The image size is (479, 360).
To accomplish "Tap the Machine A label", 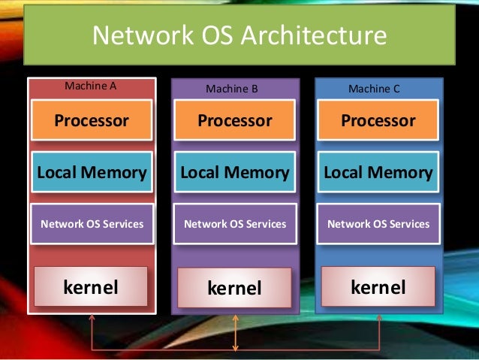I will tap(91, 86).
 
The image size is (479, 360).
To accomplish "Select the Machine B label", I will tap(232, 89).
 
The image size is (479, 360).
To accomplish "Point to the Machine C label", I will tap(374, 89).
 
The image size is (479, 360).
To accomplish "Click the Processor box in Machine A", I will tap(92, 120).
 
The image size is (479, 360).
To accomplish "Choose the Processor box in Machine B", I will tap(235, 120).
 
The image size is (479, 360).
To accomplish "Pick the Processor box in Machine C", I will tap(378, 120).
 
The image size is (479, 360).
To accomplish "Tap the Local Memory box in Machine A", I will tap(92, 172).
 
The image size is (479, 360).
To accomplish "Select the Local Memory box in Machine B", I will tap(235, 172).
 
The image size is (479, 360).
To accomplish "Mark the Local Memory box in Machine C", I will tap(378, 172).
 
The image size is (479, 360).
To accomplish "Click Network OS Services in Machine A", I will tap(92, 223).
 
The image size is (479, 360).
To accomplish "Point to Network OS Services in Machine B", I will tap(235, 223).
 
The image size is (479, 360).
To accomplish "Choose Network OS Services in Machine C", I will tap(378, 223).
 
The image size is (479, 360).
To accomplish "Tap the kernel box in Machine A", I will tap(91, 286).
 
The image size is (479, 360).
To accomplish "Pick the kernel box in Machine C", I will tap(378, 286).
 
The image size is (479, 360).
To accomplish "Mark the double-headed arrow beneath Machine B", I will tap(236, 332).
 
